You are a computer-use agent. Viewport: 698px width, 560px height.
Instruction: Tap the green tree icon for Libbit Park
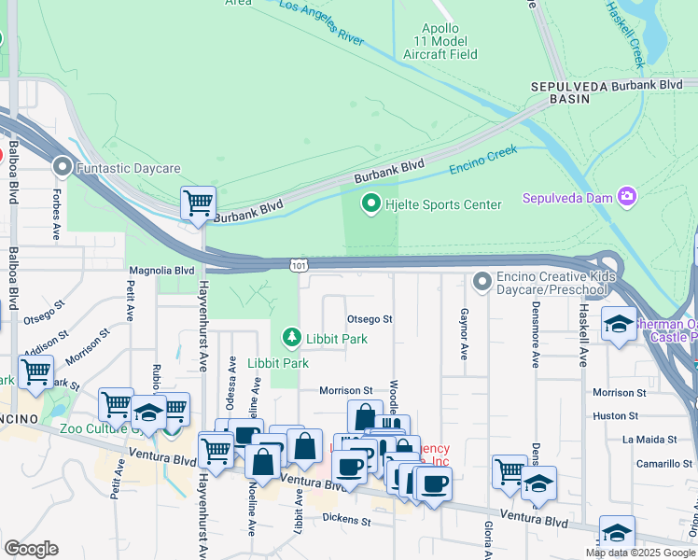tap(291, 336)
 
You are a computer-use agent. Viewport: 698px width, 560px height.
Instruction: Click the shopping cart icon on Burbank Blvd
tap(198, 203)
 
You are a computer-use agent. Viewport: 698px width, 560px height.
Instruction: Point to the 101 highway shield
tap(297, 267)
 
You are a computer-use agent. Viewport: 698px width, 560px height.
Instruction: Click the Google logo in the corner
tap(31, 549)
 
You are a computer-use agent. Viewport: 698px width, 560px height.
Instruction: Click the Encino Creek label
tap(482, 160)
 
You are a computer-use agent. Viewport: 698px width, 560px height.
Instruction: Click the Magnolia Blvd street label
tap(161, 270)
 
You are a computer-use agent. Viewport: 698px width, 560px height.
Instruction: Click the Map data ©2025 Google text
tap(639, 553)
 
